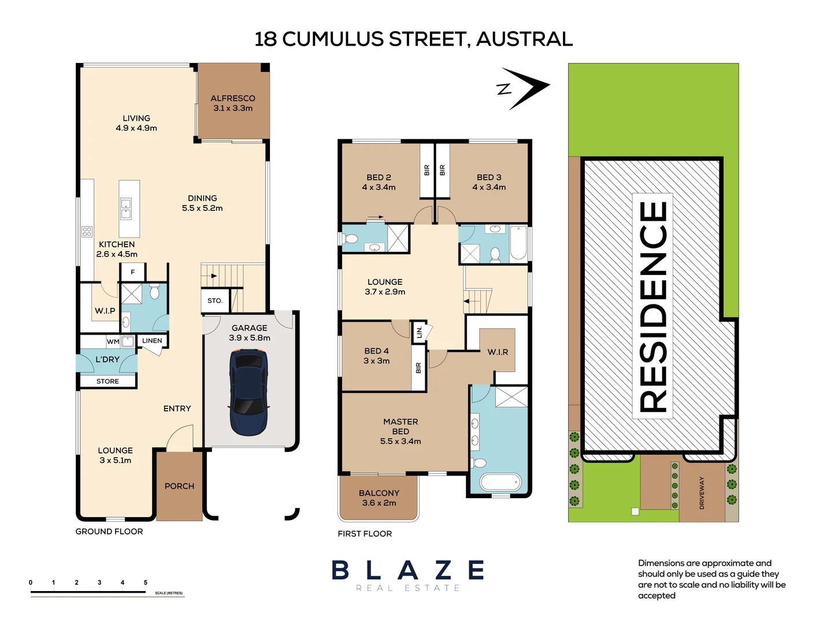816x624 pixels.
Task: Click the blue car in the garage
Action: [247, 392]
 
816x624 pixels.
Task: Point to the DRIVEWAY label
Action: [702, 493]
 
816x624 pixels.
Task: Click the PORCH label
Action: [179, 486]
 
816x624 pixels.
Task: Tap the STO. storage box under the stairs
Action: [215, 300]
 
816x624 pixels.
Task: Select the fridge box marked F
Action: [133, 272]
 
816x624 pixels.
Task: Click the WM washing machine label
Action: [113, 341]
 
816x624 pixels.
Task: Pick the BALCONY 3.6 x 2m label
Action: [379, 498]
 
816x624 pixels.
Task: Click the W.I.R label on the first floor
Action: [498, 352]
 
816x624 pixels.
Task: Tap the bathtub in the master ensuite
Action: [500, 482]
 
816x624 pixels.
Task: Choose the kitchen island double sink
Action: [125, 209]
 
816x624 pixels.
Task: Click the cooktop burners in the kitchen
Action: [87, 232]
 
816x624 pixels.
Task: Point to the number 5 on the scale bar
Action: [146, 582]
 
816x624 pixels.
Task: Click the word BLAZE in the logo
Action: [407, 570]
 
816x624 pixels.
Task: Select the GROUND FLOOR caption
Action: [109, 532]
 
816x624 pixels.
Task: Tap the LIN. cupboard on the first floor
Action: [418, 332]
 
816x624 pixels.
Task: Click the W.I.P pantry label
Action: [105, 311]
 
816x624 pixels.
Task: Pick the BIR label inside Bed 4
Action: [418, 368]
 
